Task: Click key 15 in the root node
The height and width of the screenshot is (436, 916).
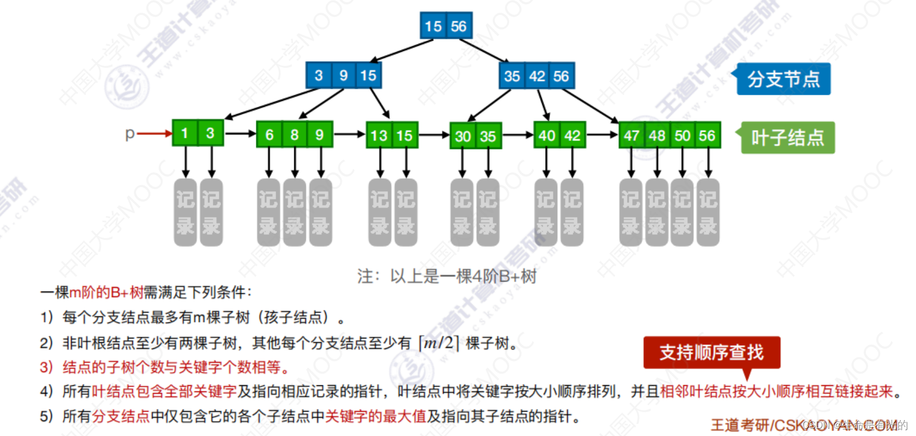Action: [x=433, y=26]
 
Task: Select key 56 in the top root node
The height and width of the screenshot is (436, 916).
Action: [x=459, y=26]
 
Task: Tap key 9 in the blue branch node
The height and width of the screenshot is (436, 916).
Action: [x=343, y=76]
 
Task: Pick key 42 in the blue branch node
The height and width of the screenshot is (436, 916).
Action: [x=537, y=76]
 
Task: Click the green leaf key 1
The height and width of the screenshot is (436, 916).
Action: [x=185, y=133]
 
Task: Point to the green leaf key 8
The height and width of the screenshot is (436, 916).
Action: [x=294, y=135]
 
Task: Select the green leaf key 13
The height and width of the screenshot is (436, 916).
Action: [x=379, y=136]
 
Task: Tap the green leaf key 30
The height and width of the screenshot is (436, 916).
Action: [x=463, y=136]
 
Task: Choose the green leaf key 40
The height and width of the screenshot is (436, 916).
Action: [x=547, y=136]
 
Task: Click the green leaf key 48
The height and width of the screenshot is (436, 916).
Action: [x=657, y=136]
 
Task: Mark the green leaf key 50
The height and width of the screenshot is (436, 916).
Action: [x=682, y=136]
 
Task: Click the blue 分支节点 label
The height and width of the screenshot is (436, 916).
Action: [x=783, y=79]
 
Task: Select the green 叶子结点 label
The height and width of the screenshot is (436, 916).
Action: [x=788, y=137]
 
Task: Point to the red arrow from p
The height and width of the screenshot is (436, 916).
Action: [x=154, y=133]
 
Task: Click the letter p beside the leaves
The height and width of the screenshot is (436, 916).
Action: [x=130, y=133]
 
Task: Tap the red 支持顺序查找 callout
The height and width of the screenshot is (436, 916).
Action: [x=712, y=352]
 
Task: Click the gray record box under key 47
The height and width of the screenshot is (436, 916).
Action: [x=631, y=212]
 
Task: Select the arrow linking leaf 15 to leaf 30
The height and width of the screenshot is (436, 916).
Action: [x=434, y=135]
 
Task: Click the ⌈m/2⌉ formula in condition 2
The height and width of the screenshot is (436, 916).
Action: [x=439, y=343]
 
